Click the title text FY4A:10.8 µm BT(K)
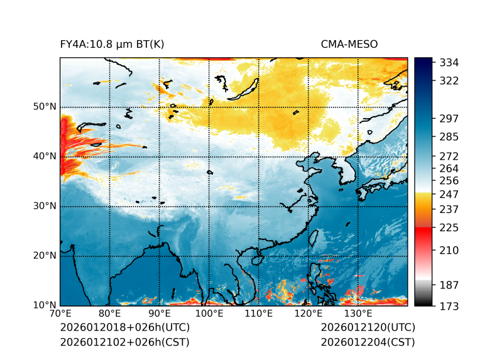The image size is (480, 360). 112,45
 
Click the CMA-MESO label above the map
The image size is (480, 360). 349,45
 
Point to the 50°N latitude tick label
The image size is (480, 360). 45,107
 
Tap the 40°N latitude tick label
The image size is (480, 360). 45,156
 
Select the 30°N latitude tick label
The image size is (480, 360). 45,206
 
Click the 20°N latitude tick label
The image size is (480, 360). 45,256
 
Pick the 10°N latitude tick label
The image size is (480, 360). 45,305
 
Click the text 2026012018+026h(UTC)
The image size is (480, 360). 124,328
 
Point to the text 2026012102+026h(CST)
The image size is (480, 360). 124,342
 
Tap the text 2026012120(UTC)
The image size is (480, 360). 368,328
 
